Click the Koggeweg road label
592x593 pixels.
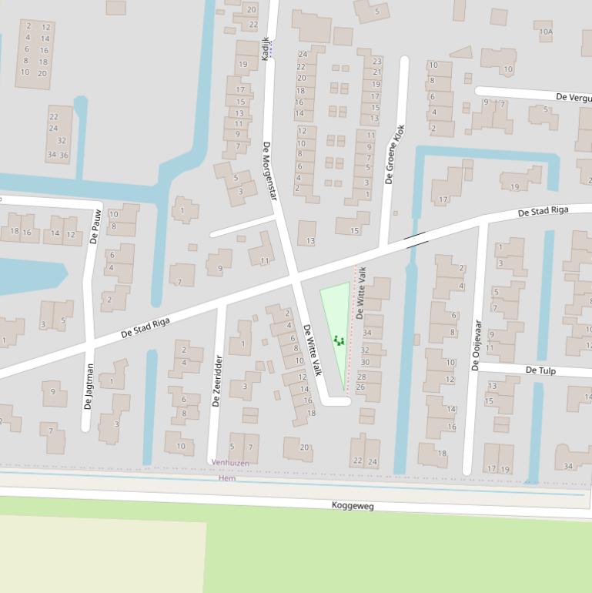[x=353, y=506]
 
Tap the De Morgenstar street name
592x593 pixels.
[x=269, y=173]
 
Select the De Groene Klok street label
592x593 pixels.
[x=394, y=154]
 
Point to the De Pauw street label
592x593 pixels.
[x=95, y=226]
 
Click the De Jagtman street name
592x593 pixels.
[x=89, y=387]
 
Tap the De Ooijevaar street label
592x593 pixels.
[x=477, y=345]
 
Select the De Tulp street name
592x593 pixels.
[x=540, y=370]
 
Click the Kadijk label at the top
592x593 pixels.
[x=266, y=49]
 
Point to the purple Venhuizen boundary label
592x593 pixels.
[x=230, y=463]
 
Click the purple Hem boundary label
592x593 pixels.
[x=227, y=478]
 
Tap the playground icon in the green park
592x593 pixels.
[x=338, y=340]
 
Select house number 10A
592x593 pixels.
[x=546, y=32]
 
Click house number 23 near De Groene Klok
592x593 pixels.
[x=376, y=61]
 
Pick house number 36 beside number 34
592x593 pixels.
[x=64, y=155]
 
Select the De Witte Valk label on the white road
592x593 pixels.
[x=313, y=350]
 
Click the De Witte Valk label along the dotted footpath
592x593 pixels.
[x=360, y=293]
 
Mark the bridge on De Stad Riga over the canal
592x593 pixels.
[x=416, y=240]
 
